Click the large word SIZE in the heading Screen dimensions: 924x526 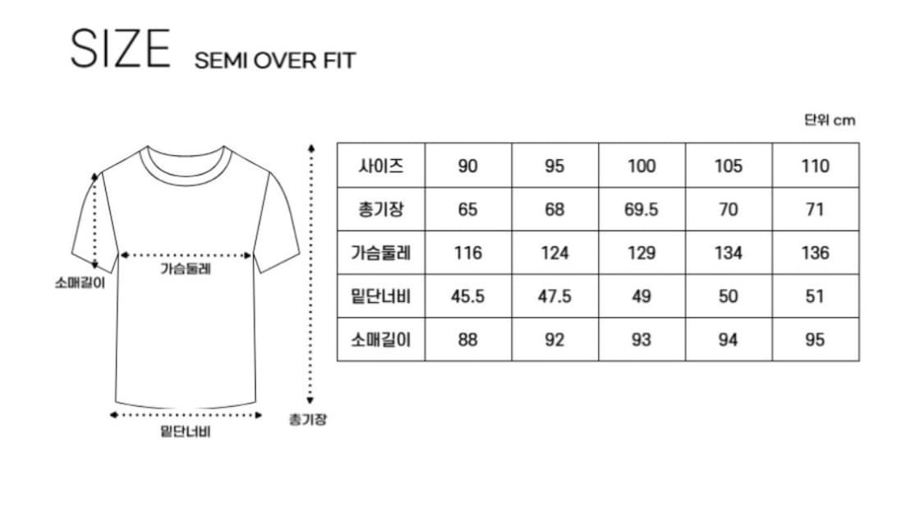(x=120, y=49)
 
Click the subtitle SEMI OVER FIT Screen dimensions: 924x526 (x=275, y=61)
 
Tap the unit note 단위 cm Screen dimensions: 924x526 (x=830, y=120)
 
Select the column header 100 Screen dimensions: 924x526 (x=641, y=166)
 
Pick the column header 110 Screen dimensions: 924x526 (x=815, y=166)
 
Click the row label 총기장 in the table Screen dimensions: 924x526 (x=380, y=209)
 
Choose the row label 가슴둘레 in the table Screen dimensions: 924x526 (x=380, y=253)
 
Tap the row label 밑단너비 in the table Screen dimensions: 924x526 (x=380, y=296)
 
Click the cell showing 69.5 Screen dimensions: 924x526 (x=641, y=210)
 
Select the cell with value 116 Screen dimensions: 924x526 (x=468, y=254)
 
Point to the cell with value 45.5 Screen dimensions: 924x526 (x=468, y=296)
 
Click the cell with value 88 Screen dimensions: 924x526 (x=468, y=340)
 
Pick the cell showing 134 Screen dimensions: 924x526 (x=729, y=254)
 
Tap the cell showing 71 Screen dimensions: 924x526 (x=815, y=210)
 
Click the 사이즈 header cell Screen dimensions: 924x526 (x=380, y=166)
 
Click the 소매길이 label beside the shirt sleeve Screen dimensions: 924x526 (x=80, y=283)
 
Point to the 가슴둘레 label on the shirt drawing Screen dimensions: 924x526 (x=186, y=269)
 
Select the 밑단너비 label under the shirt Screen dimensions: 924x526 (x=186, y=432)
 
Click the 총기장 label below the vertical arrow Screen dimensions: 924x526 (x=308, y=419)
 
